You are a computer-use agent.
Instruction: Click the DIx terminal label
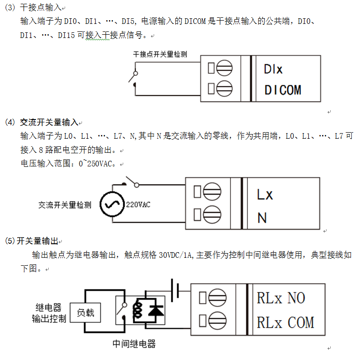[273, 69]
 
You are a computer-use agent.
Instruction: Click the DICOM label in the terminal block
[283, 90]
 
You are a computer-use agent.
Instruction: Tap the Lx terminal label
[265, 195]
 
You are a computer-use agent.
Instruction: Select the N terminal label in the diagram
[262, 218]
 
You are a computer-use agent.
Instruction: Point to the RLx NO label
[281, 298]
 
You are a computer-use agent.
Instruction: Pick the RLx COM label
[285, 322]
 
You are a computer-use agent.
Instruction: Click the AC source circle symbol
[112, 204]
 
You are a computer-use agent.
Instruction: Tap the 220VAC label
[138, 205]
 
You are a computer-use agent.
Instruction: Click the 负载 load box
[85, 313]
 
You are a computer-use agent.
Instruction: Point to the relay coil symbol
[137, 309]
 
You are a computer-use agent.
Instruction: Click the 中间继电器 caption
[134, 344]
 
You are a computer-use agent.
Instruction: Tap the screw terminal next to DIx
[224, 68]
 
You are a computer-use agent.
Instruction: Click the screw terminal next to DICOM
[224, 89]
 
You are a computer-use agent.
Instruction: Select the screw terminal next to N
[212, 214]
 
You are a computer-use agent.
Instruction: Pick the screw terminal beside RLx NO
[217, 298]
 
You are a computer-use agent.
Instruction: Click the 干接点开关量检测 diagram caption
[160, 54]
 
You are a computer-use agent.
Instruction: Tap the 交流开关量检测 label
[65, 205]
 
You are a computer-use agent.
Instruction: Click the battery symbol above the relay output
[175, 290]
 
